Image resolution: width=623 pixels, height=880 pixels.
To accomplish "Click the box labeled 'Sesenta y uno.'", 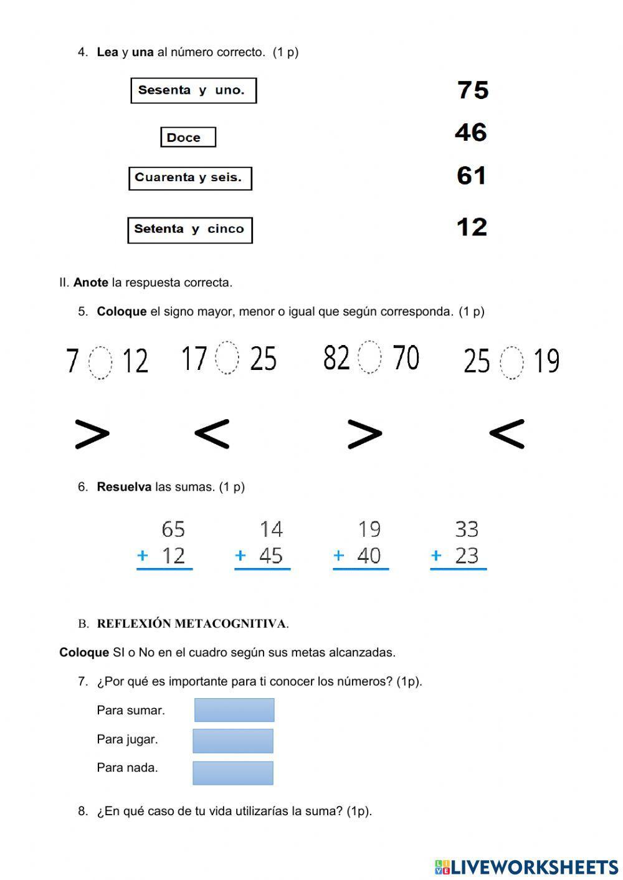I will click(x=193, y=90).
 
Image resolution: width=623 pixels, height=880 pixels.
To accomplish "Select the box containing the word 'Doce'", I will click(x=188, y=138).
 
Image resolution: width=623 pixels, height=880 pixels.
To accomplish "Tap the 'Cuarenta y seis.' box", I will click(x=190, y=178).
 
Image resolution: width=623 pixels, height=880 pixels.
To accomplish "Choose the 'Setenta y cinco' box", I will click(x=190, y=230).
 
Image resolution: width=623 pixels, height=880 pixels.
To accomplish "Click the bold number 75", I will click(x=473, y=90).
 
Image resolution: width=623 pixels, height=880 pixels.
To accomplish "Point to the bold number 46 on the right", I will click(x=470, y=133).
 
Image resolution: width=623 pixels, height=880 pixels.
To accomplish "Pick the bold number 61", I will click(x=471, y=176).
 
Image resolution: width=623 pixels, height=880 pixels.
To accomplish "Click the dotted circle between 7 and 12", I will click(x=100, y=362).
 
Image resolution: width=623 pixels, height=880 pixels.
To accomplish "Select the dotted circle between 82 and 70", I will click(x=369, y=357).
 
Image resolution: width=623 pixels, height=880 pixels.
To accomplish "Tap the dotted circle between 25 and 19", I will click(x=511, y=362).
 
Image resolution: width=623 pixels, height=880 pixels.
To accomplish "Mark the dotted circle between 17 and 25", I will click(x=227, y=358).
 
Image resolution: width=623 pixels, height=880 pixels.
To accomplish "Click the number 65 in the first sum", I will click(x=173, y=529).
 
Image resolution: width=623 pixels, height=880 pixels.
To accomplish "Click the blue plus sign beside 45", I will click(x=240, y=556).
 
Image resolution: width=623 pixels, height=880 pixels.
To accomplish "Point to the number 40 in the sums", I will click(x=369, y=556).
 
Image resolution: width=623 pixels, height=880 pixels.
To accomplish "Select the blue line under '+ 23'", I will click(x=458, y=569).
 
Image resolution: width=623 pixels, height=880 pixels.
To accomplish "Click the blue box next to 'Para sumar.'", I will click(x=234, y=710).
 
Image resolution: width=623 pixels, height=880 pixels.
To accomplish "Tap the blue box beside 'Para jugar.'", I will click(x=233, y=741).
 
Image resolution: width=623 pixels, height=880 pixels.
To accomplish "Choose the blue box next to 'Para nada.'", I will click(x=233, y=773).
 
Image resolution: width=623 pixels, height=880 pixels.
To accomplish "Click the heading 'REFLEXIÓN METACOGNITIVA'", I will click(x=192, y=623).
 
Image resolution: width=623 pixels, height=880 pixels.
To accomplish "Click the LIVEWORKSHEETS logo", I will click(x=526, y=867).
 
